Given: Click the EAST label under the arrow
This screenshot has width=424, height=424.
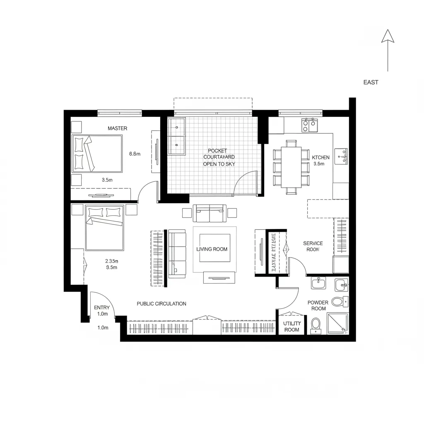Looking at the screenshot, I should click(371, 82).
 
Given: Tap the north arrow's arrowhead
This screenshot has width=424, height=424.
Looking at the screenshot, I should click(388, 36).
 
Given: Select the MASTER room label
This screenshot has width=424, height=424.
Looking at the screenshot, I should click(117, 128).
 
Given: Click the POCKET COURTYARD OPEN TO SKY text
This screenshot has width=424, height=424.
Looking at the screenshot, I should click(219, 157).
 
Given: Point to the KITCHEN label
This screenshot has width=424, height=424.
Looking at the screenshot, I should click(320, 157).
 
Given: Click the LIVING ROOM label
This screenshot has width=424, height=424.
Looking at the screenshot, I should click(212, 249).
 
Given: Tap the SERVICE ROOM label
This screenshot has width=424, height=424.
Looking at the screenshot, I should click(313, 246).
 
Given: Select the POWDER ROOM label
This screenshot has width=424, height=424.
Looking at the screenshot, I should click(318, 306).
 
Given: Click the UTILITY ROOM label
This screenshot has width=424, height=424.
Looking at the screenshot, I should click(291, 327).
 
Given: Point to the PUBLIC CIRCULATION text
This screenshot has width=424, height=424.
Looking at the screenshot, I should click(161, 304).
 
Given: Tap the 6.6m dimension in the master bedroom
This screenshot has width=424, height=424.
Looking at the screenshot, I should click(135, 154).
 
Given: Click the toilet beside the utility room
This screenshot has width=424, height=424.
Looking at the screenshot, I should click(316, 325).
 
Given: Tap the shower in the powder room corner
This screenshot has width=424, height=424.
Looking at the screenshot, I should click(337, 323).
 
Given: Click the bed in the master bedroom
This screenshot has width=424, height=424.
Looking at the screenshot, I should click(98, 154).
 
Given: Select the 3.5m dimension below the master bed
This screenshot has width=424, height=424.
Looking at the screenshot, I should click(107, 180).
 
